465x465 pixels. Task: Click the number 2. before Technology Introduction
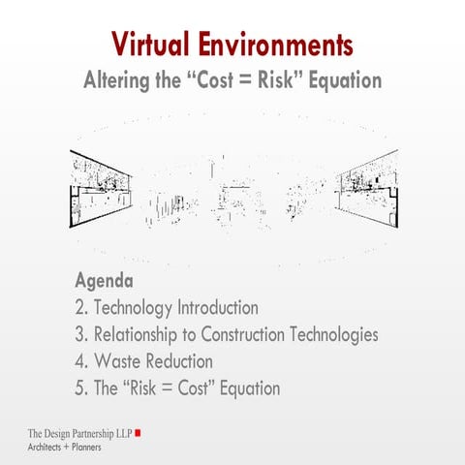(x=81, y=309)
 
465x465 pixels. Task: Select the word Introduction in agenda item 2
(x=217, y=309)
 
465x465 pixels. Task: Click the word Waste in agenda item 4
(x=118, y=362)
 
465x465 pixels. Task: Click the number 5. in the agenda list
(x=81, y=389)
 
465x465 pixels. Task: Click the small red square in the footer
(x=139, y=432)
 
